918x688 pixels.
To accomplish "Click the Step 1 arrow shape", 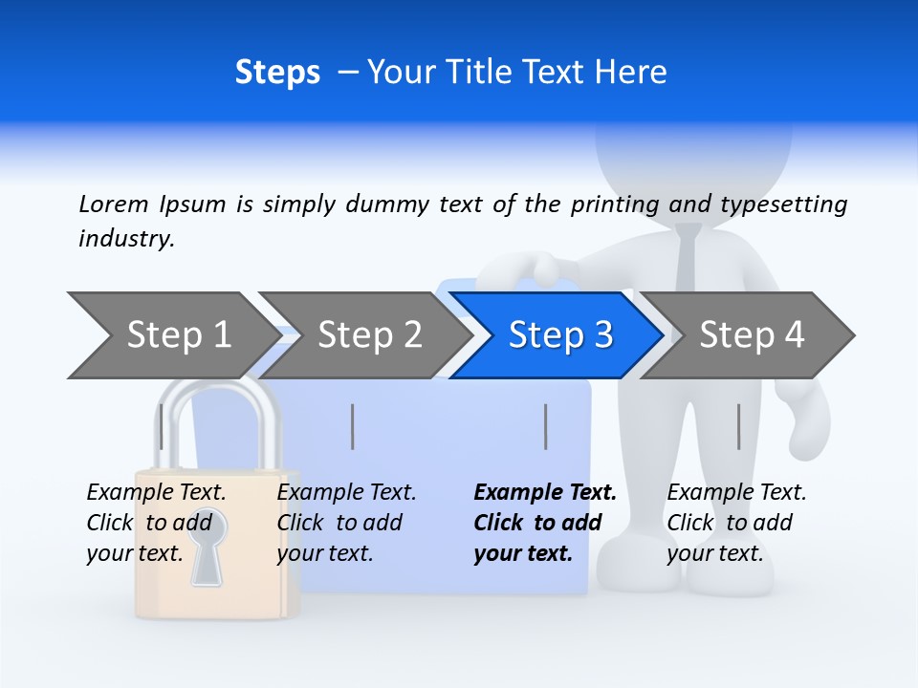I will click(172, 335).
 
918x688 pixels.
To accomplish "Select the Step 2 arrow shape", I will click(364, 335).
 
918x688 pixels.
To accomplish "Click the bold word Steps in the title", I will click(277, 73).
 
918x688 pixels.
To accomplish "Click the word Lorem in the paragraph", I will click(113, 204).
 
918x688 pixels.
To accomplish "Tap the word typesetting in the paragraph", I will click(783, 204).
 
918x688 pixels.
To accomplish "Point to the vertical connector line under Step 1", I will click(161, 426).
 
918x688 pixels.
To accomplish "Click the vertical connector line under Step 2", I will click(353, 426).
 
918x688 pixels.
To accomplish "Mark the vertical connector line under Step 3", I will click(545, 426).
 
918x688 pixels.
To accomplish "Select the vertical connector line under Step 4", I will click(738, 426).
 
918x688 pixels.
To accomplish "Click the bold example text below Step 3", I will click(544, 523).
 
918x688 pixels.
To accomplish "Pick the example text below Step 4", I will click(735, 523).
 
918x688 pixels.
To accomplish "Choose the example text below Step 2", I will click(345, 523).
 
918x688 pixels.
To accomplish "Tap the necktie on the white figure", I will click(688, 258).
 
